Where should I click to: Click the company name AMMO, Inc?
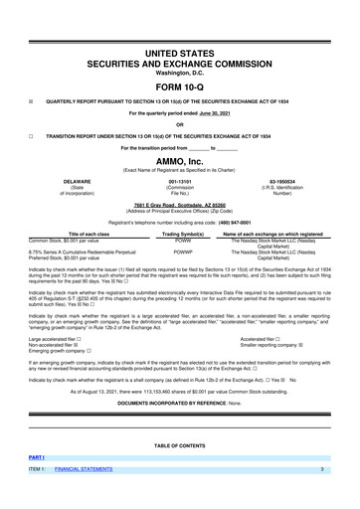[x=180, y=159]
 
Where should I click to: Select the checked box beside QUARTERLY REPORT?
[x=32, y=100]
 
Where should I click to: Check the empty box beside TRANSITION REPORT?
[x=32, y=135]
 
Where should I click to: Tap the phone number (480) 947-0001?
[x=241, y=223]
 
